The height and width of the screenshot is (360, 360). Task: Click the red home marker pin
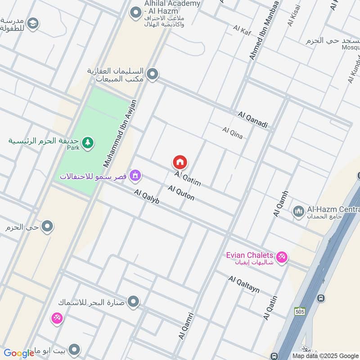[180, 162]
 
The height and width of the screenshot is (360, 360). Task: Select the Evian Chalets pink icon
[282, 257]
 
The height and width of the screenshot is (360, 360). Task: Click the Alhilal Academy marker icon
[135, 13]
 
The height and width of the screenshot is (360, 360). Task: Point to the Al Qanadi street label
[253, 120]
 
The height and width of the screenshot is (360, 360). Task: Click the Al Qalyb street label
[147, 198]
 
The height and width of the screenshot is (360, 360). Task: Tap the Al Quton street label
[181, 193]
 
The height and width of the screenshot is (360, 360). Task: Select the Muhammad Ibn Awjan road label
[120, 134]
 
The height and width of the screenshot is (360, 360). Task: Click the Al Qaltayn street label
[244, 284]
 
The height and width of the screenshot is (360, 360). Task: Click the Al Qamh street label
[280, 204]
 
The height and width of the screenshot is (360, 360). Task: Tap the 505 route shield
[300, 311]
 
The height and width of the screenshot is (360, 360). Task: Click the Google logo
[19, 353]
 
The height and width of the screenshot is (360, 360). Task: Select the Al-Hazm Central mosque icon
[298, 211]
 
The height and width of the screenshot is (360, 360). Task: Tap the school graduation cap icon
[33, 23]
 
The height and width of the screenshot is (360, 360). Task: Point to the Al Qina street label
[232, 133]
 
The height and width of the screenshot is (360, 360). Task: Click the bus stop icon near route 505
[320, 298]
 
